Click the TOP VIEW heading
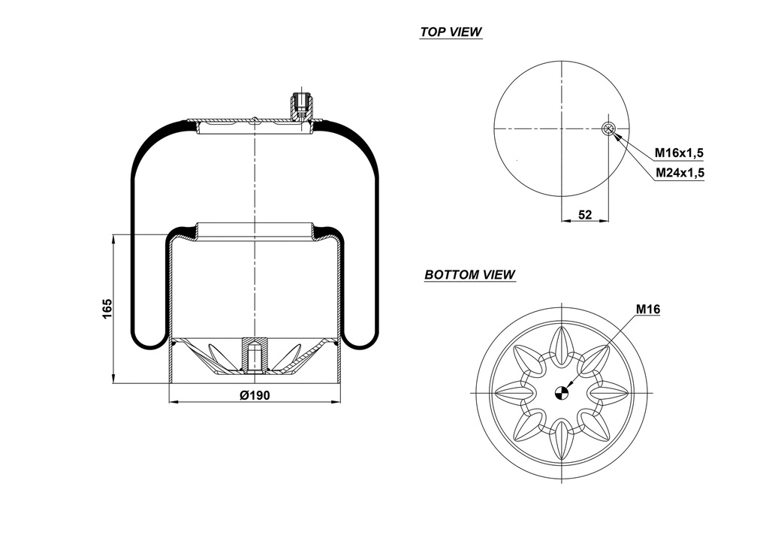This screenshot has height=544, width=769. (451, 32)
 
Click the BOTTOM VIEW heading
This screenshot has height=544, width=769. (469, 275)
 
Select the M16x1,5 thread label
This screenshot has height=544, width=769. (678, 153)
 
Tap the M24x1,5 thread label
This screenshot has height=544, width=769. (678, 173)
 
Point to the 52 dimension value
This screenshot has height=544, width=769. (585, 215)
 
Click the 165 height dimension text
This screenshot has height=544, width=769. (107, 309)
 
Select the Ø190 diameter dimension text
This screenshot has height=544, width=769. (255, 396)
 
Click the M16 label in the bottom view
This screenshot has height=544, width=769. (647, 309)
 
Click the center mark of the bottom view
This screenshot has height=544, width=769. (561, 391)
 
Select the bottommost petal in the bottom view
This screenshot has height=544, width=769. (561, 440)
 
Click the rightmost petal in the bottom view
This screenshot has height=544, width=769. (609, 391)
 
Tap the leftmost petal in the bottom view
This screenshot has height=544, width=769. (513, 391)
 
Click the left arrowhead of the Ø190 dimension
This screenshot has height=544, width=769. (173, 402)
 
